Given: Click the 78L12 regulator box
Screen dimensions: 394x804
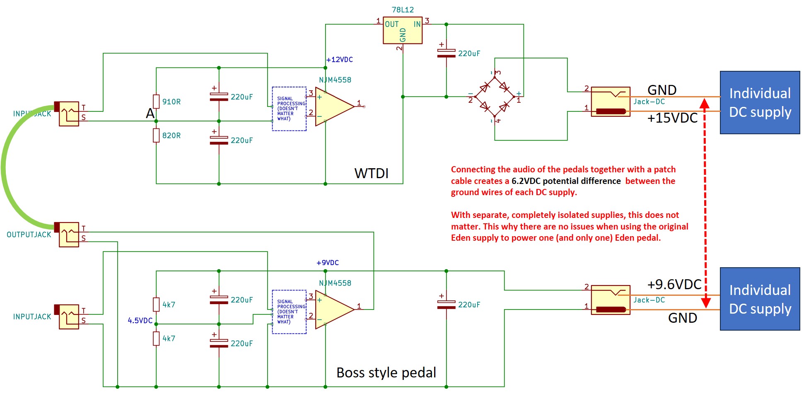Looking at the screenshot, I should pyautogui.click(x=402, y=30).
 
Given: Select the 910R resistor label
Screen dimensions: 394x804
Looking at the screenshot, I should pyautogui.click(x=171, y=102).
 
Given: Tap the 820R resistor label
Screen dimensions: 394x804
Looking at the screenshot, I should pyautogui.click(x=171, y=135).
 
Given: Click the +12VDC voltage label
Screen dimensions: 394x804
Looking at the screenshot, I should pyautogui.click(x=339, y=60).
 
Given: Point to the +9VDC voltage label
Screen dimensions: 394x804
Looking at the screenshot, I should pyautogui.click(x=327, y=263).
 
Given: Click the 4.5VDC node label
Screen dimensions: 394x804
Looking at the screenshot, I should pyautogui.click(x=140, y=321).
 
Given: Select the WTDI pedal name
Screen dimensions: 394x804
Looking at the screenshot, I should pyautogui.click(x=371, y=173).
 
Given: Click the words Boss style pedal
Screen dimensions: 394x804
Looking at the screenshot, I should pyautogui.click(x=386, y=372).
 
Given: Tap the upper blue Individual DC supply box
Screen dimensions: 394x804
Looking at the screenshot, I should pyautogui.click(x=760, y=102).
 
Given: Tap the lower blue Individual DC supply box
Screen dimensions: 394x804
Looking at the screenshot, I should pyautogui.click(x=760, y=299).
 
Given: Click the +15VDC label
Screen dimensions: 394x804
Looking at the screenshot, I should pyautogui.click(x=672, y=118).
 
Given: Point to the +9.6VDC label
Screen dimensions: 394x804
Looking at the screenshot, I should pyautogui.click(x=674, y=284).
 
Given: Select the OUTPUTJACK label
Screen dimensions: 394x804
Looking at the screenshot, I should pyautogui.click(x=29, y=234).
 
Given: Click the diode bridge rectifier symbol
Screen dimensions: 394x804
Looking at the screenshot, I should pyautogui.click(x=494, y=97).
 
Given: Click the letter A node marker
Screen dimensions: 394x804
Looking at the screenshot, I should pyautogui.click(x=150, y=114).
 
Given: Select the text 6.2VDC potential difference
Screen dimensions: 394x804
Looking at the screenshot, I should pyautogui.click(x=566, y=181).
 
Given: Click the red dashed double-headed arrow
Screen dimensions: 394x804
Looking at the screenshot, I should pyautogui.click(x=705, y=203).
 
